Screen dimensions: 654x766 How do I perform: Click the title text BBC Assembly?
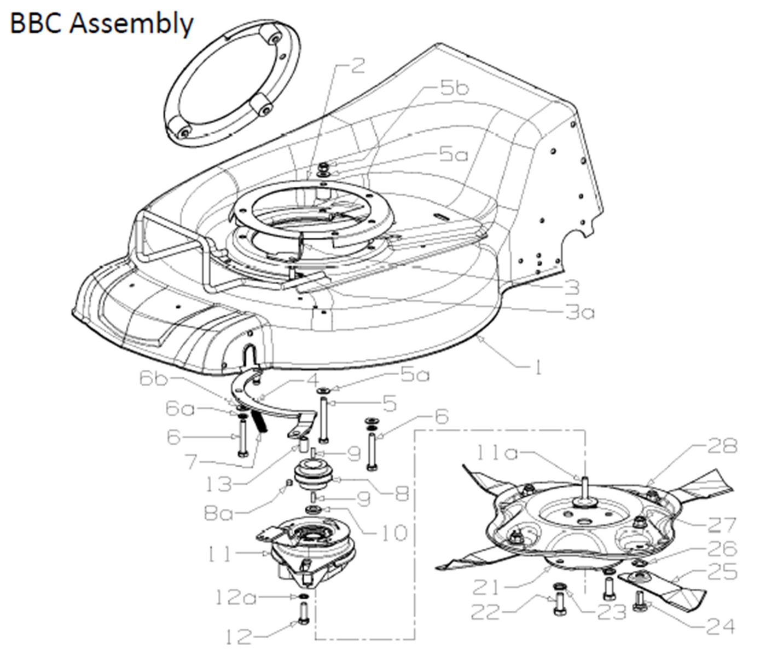tap(102, 24)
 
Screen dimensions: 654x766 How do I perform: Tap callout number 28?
tap(722, 446)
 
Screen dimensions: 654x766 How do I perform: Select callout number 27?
tap(722, 524)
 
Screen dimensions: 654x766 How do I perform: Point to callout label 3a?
tap(580, 312)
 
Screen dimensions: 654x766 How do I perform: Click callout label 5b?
tap(455, 88)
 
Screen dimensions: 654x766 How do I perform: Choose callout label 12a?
tap(235, 597)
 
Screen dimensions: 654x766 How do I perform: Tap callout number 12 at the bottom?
tap(239, 636)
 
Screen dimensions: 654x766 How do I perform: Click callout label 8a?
tap(218, 513)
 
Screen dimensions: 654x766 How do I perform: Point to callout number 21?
tap(486, 588)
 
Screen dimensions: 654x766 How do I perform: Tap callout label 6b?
tap(153, 379)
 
